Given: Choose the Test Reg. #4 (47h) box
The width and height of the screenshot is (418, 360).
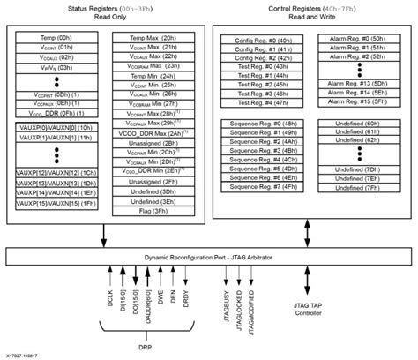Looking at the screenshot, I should click(262, 102).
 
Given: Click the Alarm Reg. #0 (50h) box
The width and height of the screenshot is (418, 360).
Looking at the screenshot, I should click(360, 41).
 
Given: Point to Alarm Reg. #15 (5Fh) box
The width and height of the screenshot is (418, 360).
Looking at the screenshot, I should click(360, 101).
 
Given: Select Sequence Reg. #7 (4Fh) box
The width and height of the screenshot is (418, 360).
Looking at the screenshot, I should click(262, 185).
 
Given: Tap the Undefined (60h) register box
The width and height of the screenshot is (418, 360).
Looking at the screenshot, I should click(360, 123).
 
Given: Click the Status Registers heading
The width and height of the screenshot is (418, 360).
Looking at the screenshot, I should click(110, 8).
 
